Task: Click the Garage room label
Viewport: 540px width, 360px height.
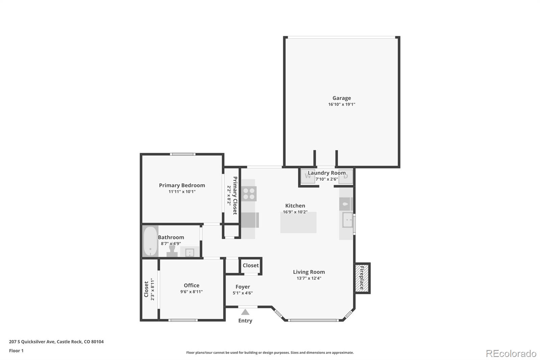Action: coord(342,98)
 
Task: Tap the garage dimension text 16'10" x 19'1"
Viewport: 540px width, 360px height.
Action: coord(342,104)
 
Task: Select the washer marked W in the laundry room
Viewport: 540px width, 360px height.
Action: coord(308,176)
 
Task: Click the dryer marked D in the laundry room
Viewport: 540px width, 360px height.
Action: coord(346,176)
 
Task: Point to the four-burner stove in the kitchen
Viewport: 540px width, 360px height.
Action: coord(249,194)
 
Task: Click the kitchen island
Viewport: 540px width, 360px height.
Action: coord(298,223)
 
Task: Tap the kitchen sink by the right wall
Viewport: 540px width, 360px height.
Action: coord(347,220)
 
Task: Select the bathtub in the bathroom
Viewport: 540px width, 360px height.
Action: coord(150,241)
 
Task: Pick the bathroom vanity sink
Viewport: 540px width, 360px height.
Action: coord(189,252)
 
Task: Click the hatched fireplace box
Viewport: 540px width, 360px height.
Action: coord(362,278)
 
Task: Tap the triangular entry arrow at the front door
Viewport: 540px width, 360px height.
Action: coord(245,312)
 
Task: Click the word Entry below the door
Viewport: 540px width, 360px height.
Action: coord(245,321)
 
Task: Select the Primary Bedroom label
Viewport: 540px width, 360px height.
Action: coord(182,185)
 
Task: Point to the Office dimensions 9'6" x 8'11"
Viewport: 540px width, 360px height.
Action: coord(191,292)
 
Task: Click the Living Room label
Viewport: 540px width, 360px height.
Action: coord(309,272)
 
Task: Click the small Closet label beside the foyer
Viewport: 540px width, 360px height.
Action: coord(250,265)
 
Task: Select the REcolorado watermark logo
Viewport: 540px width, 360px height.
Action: coord(511,354)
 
